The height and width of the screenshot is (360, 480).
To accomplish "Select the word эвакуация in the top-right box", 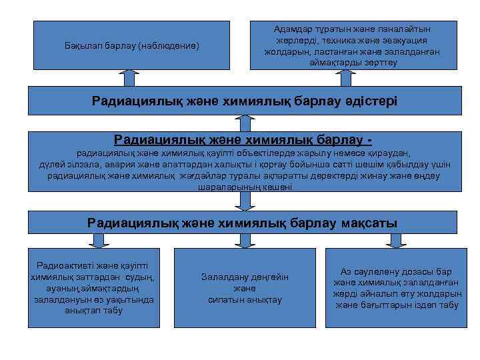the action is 403,41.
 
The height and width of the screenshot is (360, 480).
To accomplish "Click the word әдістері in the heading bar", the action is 365,101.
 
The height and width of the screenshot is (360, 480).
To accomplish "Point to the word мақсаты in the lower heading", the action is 367,223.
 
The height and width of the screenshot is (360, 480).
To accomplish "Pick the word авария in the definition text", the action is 122,164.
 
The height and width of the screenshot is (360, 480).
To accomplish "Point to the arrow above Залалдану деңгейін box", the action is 245,240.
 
